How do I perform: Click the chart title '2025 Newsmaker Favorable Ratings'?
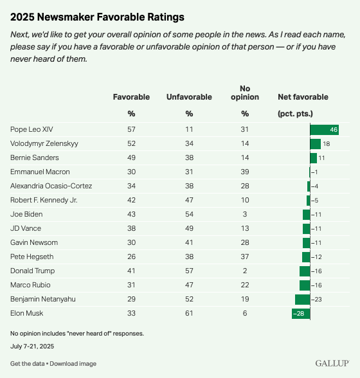[x=97, y=17]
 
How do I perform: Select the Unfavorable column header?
[x=189, y=97]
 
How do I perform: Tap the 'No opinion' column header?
[x=245, y=93]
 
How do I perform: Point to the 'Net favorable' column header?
[x=303, y=97]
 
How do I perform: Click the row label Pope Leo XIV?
[x=32, y=129]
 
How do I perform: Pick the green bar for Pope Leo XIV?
[x=324, y=130]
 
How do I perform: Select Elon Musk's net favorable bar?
[x=301, y=314]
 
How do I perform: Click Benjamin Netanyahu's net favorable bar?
[x=303, y=300]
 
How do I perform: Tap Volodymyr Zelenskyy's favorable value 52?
[x=131, y=144]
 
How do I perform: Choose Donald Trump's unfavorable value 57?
[x=189, y=271]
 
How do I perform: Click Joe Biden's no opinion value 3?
[x=245, y=214]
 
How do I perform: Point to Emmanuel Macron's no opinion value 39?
[x=245, y=172]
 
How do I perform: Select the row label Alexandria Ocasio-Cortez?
[x=51, y=186]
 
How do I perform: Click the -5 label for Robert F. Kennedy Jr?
[x=314, y=201]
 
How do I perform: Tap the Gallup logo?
[x=332, y=363]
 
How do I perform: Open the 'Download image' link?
[x=73, y=364]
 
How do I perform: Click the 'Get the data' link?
[x=27, y=364]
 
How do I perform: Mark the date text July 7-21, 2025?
[x=32, y=346]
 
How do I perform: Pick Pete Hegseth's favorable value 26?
[x=131, y=256]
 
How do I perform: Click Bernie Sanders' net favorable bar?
[x=314, y=158]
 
